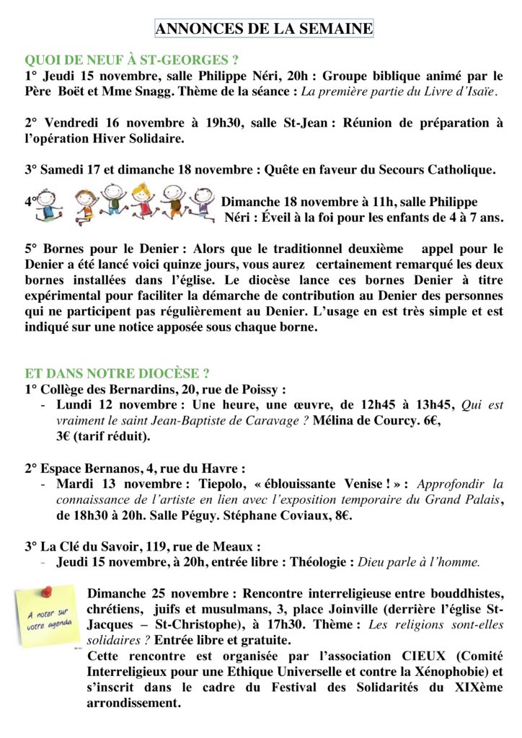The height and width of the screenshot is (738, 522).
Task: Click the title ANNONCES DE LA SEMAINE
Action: coord(264,29)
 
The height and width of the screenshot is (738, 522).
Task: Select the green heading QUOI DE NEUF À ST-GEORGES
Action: coord(131,60)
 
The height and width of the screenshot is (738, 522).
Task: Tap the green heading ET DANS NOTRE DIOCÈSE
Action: coord(117,373)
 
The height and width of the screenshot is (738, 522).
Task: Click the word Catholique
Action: coord(461,170)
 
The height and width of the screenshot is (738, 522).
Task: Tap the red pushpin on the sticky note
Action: coord(49,590)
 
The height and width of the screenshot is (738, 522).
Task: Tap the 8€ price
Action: coord(419,515)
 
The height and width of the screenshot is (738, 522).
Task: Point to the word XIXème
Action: coord(472,688)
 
